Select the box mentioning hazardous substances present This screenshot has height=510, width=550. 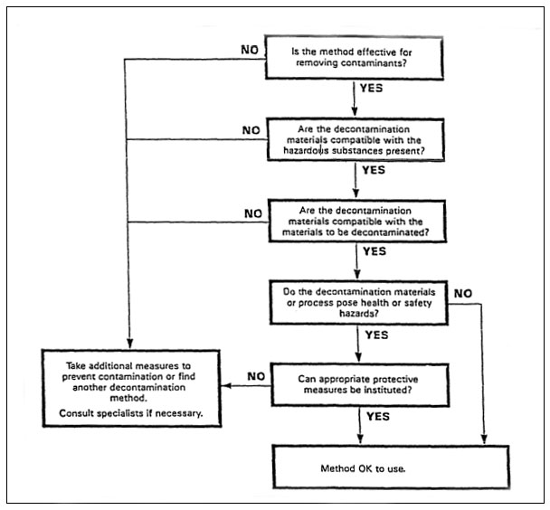pyautogui.click(x=360, y=138)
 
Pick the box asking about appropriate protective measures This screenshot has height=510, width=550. pyautogui.click(x=360, y=384)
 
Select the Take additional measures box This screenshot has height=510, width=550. pyautogui.click(x=132, y=385)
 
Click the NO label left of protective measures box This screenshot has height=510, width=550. pyautogui.click(x=256, y=374)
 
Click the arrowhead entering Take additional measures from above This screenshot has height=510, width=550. pyautogui.click(x=130, y=340)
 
